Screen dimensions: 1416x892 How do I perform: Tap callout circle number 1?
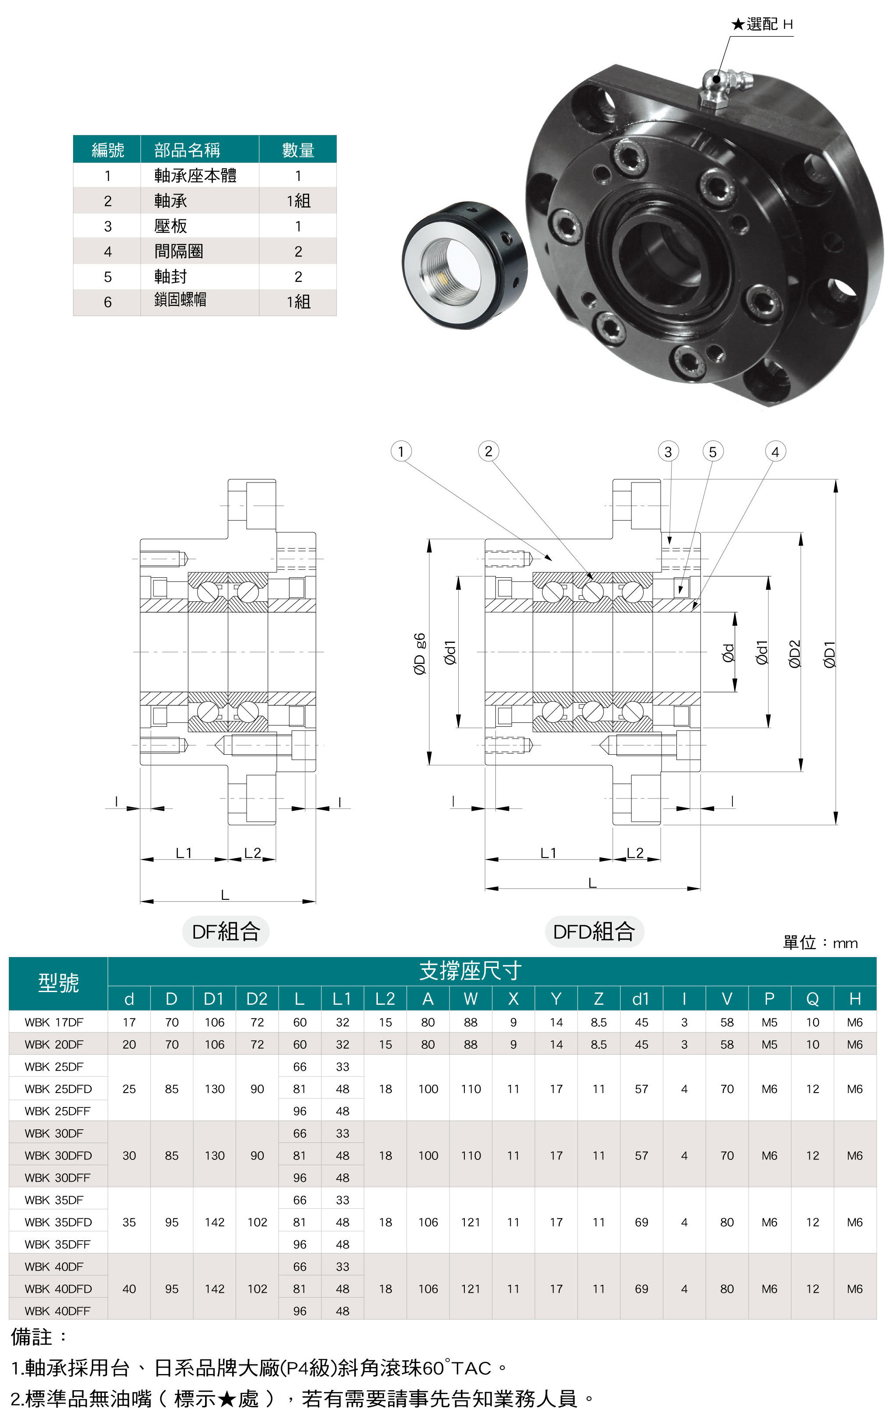(x=401, y=451)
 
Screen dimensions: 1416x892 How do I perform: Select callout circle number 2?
(x=488, y=451)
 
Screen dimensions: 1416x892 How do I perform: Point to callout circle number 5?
(x=713, y=451)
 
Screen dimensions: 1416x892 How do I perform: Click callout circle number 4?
(x=775, y=451)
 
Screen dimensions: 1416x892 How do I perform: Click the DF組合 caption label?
(x=226, y=931)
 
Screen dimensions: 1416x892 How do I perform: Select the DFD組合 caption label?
(x=594, y=931)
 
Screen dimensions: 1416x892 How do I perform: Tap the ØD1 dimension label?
(x=829, y=654)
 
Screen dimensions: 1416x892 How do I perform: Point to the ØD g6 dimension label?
(x=419, y=653)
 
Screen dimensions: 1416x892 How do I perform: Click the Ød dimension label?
(x=728, y=653)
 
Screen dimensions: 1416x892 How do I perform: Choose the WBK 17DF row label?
(x=54, y=1022)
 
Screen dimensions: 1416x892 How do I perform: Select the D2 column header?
(x=257, y=999)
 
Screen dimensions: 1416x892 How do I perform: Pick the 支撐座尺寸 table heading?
(x=470, y=971)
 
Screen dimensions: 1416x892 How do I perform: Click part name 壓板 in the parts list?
(x=171, y=226)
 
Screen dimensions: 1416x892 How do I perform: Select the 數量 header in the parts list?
(x=298, y=150)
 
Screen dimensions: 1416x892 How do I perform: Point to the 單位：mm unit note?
(x=819, y=943)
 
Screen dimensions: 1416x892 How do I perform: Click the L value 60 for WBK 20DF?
(x=300, y=1045)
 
